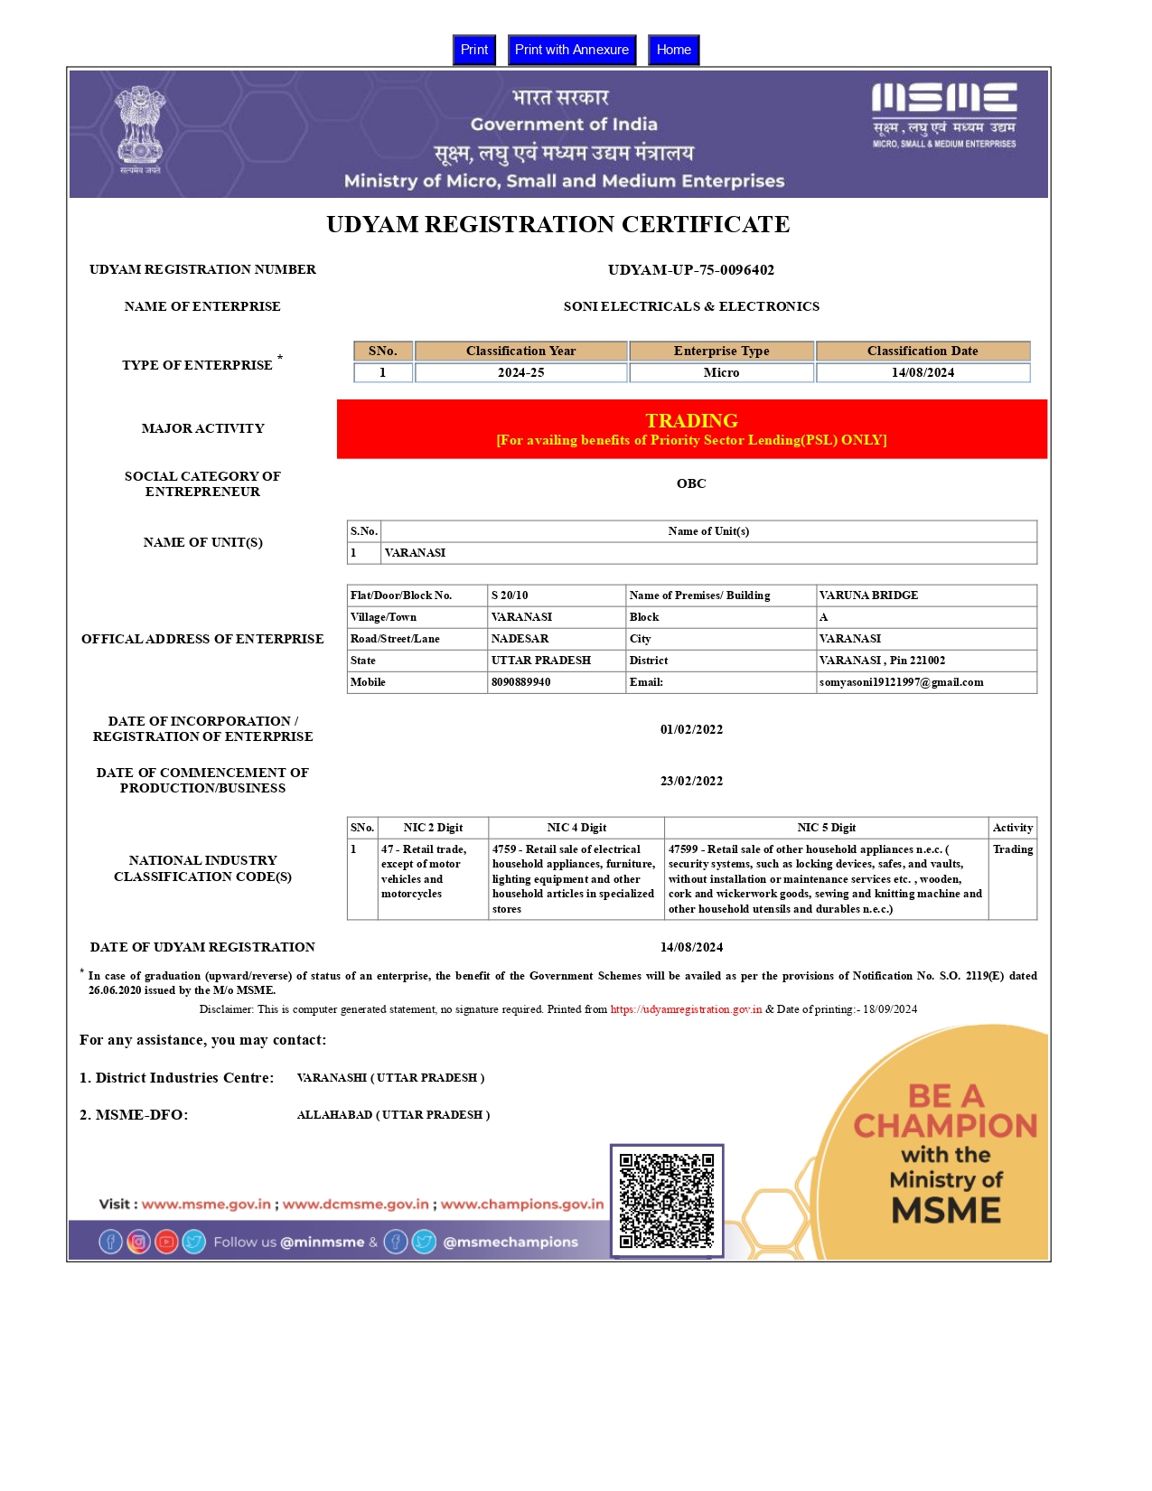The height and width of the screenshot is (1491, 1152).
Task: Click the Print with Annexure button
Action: [x=571, y=50]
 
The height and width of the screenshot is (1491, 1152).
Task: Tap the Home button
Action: [x=673, y=50]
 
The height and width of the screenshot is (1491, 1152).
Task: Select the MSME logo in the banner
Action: [x=944, y=116]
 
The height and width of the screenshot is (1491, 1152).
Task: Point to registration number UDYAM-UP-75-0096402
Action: [x=690, y=270]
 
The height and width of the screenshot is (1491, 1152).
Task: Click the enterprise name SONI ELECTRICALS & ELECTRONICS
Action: [x=691, y=306]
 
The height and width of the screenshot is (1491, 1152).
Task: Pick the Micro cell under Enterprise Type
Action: [x=721, y=372]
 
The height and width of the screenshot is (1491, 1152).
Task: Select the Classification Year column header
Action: [x=520, y=351]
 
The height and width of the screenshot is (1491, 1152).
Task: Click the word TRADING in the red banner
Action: [x=691, y=420]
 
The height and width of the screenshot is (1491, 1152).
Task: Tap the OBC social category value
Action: [x=691, y=483]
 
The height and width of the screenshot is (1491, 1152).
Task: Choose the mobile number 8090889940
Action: [x=520, y=682]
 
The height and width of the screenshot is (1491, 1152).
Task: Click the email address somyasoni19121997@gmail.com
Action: [x=901, y=682]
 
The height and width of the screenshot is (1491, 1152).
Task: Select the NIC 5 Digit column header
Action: [x=826, y=828]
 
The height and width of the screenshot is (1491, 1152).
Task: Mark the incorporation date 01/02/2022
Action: [x=691, y=729]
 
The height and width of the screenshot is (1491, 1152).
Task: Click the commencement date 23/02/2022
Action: [x=691, y=781]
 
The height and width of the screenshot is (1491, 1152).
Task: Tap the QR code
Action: [x=667, y=1200]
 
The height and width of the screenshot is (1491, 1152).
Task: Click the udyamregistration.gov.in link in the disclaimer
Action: [x=686, y=1009]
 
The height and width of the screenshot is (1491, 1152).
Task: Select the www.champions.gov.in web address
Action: [x=521, y=1204]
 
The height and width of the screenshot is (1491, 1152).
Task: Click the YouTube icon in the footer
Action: [x=166, y=1242]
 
